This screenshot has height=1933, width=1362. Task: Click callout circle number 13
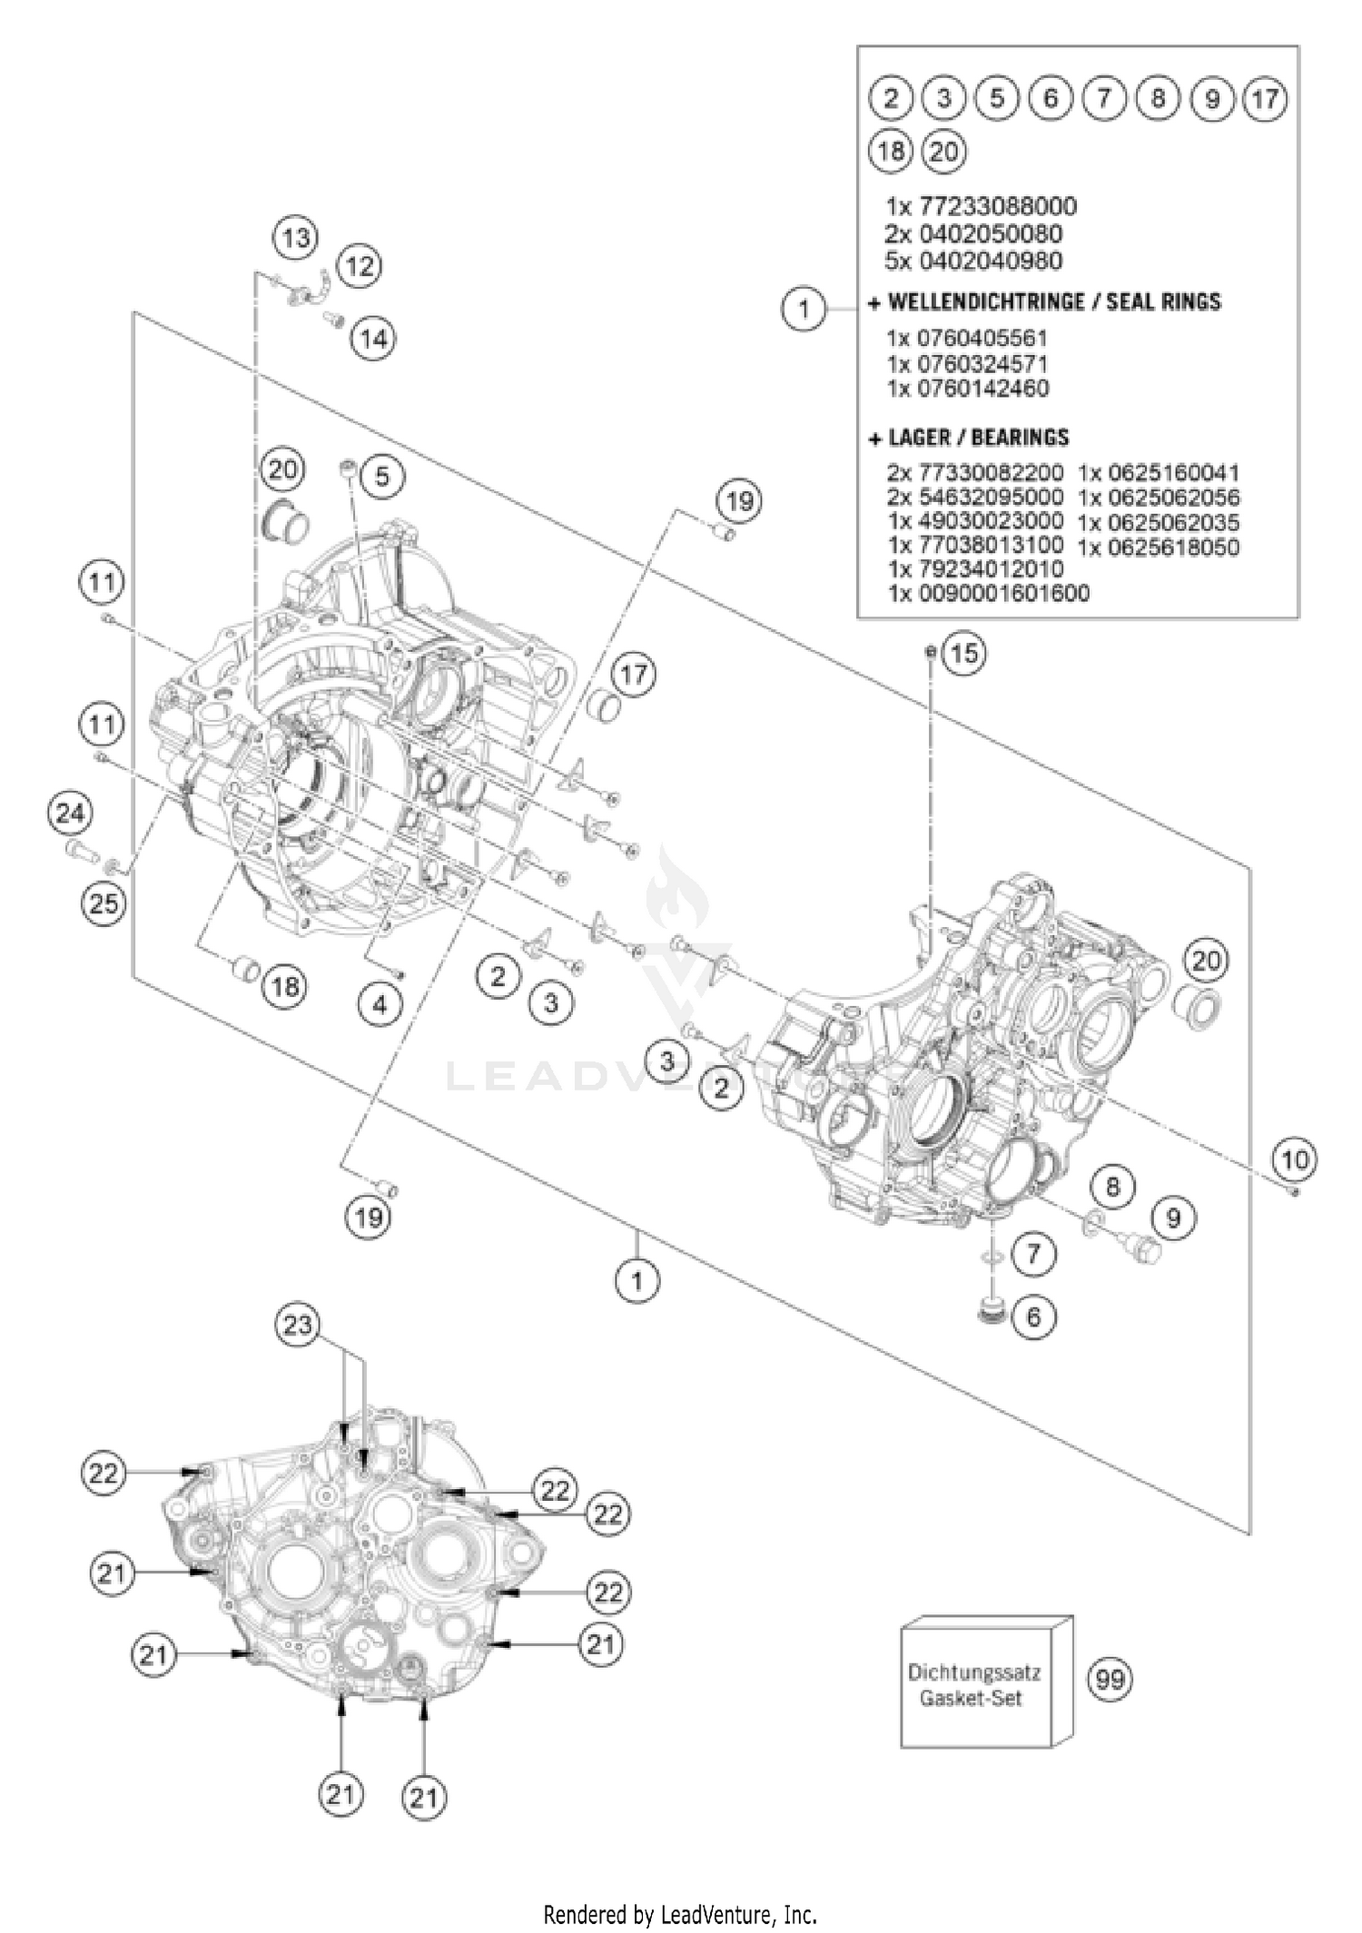click(296, 239)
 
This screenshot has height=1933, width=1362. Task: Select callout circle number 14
click(374, 339)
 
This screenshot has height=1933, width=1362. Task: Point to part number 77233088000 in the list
click(981, 206)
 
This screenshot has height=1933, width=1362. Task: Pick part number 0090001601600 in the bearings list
click(988, 594)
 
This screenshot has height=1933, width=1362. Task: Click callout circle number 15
click(964, 653)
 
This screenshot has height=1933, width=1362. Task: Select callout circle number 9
click(1173, 1217)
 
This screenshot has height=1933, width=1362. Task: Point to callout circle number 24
click(69, 813)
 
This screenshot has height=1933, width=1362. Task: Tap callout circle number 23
click(298, 1325)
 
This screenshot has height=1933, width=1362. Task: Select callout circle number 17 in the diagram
click(634, 674)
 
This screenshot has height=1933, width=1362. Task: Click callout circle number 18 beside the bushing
click(284, 985)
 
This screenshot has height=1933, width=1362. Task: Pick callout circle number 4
click(380, 1004)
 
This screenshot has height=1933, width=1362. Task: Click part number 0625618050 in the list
click(1158, 547)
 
